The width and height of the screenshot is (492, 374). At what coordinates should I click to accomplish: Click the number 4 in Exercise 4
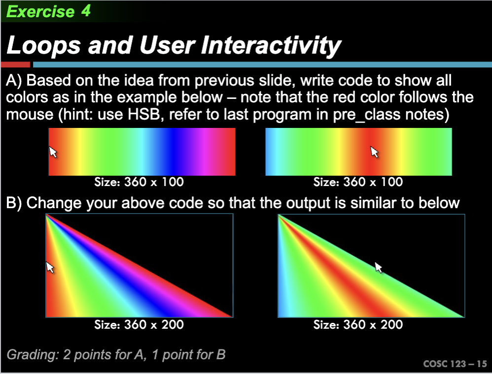[x=86, y=11]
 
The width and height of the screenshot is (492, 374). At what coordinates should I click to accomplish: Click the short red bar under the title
[x=16, y=64]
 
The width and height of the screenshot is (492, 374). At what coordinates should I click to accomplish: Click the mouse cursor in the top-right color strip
[x=375, y=152]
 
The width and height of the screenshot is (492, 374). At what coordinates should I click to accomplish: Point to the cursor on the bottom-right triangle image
[x=379, y=267]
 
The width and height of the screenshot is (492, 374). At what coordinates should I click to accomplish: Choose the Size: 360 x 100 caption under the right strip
[x=358, y=182]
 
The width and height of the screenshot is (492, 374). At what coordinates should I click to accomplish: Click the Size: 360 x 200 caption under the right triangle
[x=358, y=324]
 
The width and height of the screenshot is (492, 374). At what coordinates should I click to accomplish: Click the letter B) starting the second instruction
[x=14, y=203]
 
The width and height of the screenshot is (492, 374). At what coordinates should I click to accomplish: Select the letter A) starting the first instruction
[x=14, y=81]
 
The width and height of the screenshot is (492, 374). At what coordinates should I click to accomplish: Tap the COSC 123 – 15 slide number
[x=455, y=364]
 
